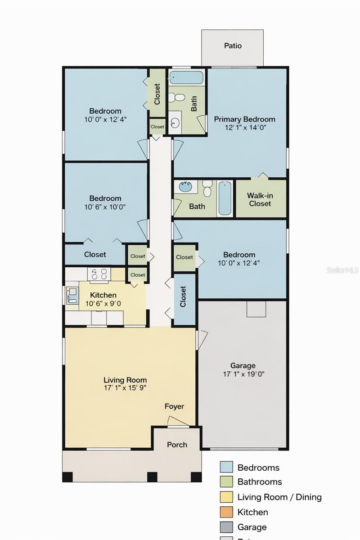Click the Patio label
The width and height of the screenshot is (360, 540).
[x=233, y=45]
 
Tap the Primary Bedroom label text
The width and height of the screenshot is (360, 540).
[x=244, y=119]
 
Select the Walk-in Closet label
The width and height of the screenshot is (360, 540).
[x=260, y=199]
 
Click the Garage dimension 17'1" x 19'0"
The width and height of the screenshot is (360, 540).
[x=243, y=374]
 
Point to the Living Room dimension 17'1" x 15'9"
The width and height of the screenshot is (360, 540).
[x=125, y=387]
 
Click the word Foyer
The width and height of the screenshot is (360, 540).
[x=174, y=406]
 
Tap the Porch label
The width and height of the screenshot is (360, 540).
[x=177, y=445]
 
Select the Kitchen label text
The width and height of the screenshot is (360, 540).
[x=103, y=295]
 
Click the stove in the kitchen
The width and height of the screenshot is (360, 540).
[x=99, y=274]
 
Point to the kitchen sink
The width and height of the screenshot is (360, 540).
[x=72, y=295]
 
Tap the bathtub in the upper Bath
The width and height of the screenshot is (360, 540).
[x=186, y=77]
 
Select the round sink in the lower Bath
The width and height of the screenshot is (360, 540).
[x=184, y=186]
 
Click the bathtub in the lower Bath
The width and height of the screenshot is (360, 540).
[x=225, y=198]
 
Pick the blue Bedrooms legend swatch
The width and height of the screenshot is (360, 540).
[x=226, y=467]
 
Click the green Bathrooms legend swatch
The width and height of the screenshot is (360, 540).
[x=226, y=482]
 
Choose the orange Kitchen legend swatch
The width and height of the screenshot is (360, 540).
[x=226, y=512]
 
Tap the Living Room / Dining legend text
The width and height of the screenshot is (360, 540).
[x=279, y=497]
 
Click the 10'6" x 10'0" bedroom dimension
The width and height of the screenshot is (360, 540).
[x=105, y=207]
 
